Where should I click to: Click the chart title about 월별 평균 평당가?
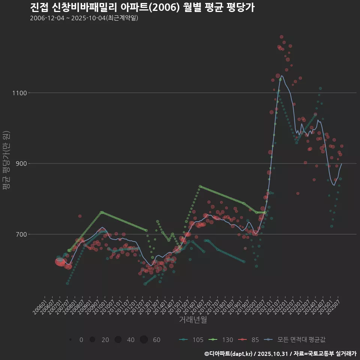pos(142,7)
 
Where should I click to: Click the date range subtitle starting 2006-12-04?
pos(84,18)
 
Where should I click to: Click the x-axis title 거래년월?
pos(193,319)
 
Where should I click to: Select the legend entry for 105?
pos(192,340)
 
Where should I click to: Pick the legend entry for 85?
pos(250,340)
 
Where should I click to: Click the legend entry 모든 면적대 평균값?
pos(296,340)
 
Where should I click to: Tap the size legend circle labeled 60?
pos(144,340)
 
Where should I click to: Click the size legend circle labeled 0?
pos(70,340)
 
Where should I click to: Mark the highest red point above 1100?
pos(282,37)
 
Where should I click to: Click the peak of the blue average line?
pos(282,76)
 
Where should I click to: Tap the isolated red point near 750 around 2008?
pos(80,216)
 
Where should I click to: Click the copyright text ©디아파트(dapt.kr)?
pos(229,354)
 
